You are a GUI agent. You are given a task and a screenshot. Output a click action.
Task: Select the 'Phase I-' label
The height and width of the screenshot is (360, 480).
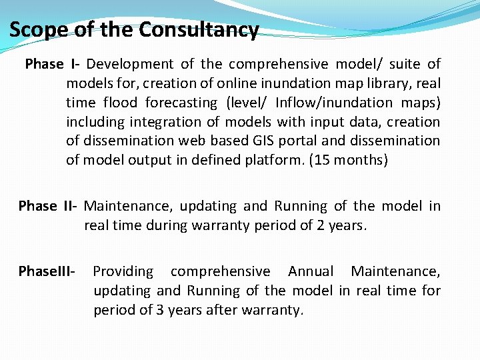pos(53,64)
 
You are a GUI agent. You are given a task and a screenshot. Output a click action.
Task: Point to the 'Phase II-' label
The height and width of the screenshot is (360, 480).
pos(47,206)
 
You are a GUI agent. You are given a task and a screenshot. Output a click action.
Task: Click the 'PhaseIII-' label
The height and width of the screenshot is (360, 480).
pos(47,271)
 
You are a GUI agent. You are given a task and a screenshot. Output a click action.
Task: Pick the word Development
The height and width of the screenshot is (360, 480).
pos(130,64)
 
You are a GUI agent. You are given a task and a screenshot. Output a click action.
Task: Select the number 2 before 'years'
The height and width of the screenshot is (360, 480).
pos(321,225)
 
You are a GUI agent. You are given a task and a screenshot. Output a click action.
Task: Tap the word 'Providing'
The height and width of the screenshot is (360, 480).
pos(123,271)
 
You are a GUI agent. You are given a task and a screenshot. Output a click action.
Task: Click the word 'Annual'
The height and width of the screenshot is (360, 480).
pos(310,271)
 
